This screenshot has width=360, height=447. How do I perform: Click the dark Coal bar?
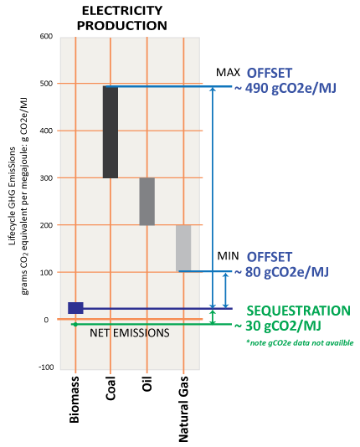click(111, 132)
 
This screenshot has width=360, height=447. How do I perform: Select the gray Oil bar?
click(147, 202)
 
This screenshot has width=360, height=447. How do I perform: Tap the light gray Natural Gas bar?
click(183, 249)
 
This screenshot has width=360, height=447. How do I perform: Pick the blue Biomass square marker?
click(75, 308)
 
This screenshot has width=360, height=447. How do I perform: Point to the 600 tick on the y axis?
click(46, 36)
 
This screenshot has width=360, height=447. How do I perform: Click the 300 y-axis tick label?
click(46, 178)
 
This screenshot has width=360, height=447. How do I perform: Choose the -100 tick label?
click(46, 367)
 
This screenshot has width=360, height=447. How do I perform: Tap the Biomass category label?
click(75, 399)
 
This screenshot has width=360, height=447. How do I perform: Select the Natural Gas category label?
click(183, 408)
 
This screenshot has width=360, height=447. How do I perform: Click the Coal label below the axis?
click(111, 388)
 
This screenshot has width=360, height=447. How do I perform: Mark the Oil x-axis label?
click(147, 383)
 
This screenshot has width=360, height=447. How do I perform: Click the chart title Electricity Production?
click(122, 18)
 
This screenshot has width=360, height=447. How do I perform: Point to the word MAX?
click(228, 73)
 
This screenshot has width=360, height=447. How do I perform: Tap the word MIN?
click(228, 256)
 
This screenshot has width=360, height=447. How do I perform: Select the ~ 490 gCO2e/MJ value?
click(285, 88)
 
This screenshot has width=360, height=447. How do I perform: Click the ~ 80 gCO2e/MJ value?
click(281, 272)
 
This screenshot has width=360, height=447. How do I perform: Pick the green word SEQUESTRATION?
click(298, 311)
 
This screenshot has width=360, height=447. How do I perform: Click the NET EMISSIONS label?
click(130, 333)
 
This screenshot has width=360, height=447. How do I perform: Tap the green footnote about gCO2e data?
click(301, 342)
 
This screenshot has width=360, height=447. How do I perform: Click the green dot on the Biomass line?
click(75, 325)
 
